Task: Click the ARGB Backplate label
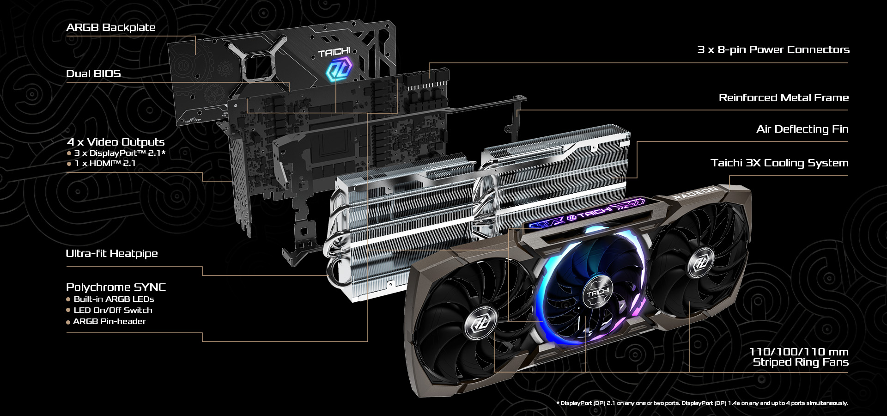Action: coord(111,27)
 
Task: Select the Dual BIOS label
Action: coord(93,73)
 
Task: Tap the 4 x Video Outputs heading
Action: coord(115,142)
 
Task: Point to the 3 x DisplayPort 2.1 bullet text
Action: coord(120,153)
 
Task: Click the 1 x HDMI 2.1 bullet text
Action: coord(105,163)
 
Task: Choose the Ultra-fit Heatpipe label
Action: coord(112,253)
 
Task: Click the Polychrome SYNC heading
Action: coord(116,287)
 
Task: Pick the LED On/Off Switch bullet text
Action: coord(113,310)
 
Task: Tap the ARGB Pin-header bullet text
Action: coord(109,321)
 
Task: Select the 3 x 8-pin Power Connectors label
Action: coord(773,49)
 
